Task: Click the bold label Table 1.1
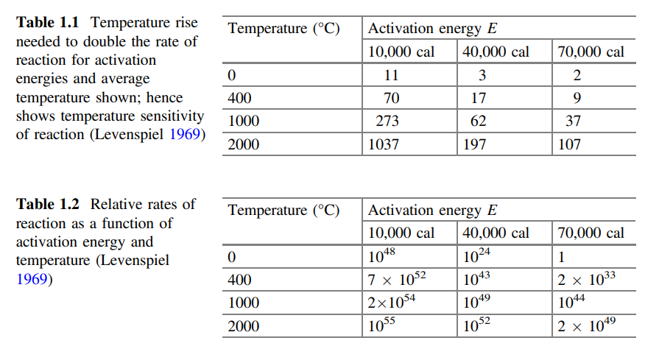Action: tap(48, 23)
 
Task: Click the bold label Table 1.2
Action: tap(48, 204)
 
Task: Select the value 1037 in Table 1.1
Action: tap(384, 144)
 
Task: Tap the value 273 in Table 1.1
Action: tap(387, 121)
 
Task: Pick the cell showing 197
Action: tap(475, 144)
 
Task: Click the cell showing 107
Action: tap(569, 144)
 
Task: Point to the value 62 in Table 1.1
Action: tap(478, 121)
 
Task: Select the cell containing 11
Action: tap(391, 75)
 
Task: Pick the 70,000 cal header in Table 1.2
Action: tap(591, 233)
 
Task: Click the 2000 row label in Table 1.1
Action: tap(244, 144)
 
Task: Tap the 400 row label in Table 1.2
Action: tap(239, 280)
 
